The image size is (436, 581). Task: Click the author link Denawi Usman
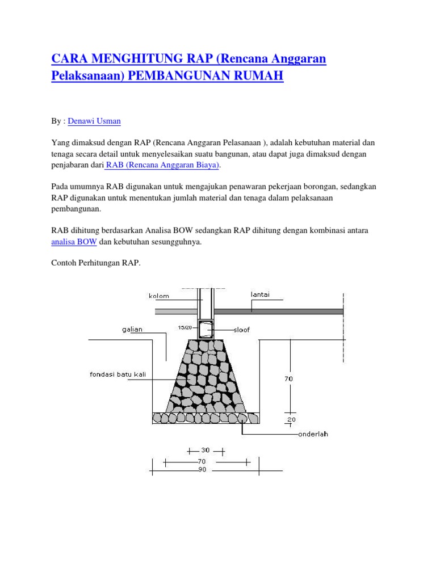94,121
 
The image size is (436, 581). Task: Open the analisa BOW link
74,242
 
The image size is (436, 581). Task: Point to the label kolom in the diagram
159,296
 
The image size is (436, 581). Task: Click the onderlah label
313,435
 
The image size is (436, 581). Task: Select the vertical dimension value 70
289,378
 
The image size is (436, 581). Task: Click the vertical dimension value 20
292,420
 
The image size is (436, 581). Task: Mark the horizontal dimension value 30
206,450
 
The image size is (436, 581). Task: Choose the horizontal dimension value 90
202,470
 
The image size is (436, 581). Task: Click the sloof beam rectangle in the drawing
205,329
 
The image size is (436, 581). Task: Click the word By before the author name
56,121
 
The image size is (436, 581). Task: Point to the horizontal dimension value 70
202,462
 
